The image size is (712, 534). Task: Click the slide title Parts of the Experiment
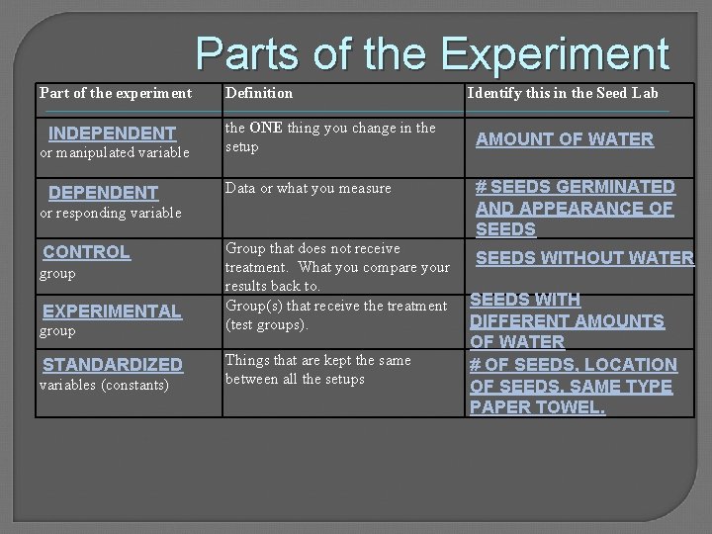(x=432, y=55)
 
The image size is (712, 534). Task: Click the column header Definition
(x=259, y=93)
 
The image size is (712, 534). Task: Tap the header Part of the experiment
(x=116, y=93)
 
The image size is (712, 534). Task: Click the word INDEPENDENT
(x=113, y=133)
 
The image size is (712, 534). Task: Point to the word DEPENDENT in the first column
(x=104, y=193)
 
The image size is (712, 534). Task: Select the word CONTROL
(x=87, y=252)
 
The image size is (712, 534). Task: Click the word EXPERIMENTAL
(x=113, y=311)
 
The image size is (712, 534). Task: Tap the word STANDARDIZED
(x=113, y=365)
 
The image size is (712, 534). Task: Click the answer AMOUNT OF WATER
(x=565, y=139)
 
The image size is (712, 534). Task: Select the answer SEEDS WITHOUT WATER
(x=585, y=258)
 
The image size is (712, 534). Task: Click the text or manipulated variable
(x=114, y=152)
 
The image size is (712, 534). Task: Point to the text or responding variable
(x=110, y=213)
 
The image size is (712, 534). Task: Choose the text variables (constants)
(x=103, y=384)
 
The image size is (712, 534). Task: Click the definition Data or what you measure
(x=309, y=188)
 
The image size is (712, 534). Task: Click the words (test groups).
(x=267, y=323)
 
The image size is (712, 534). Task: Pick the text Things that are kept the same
(x=318, y=360)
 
